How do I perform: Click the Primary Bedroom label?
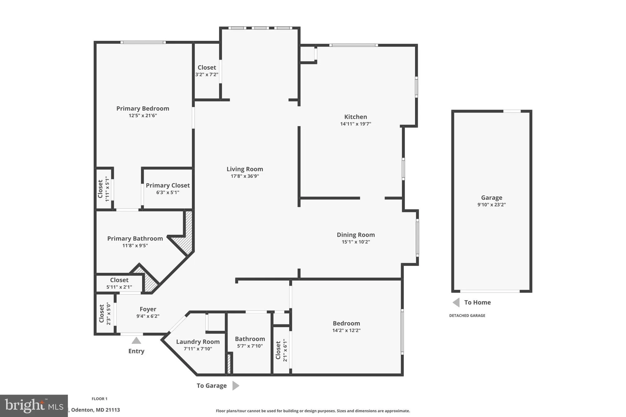143,109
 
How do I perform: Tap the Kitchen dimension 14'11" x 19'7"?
356,124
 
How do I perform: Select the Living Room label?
245,169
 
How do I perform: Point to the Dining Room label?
356,235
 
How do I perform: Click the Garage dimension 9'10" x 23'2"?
491,205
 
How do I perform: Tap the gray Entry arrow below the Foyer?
136,340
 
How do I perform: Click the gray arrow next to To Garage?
236,385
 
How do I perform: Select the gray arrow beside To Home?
456,302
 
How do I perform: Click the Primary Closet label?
168,185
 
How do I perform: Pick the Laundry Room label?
198,342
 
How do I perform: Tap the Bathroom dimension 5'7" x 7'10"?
250,346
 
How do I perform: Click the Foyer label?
148,309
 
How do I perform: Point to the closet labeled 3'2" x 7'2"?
207,71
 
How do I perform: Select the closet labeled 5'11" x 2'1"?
119,283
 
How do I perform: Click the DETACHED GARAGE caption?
467,315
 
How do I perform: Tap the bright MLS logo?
34,406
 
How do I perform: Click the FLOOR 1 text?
100,399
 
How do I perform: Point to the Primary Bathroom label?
135,238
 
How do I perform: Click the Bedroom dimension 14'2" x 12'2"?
346,330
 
